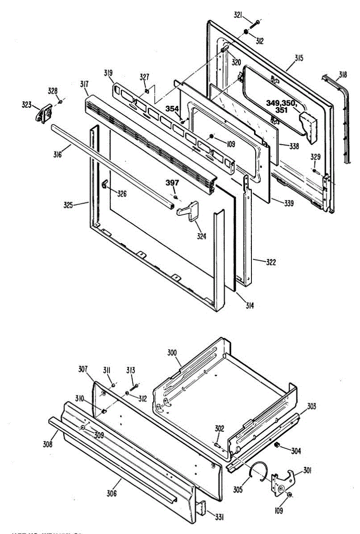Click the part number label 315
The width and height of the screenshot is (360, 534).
click(x=299, y=58)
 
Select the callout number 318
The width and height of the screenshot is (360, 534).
click(x=343, y=74)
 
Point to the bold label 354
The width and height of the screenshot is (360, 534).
click(x=173, y=109)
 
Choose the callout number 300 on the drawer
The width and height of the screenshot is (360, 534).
click(x=172, y=353)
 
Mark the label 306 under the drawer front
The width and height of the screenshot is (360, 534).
click(x=112, y=493)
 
